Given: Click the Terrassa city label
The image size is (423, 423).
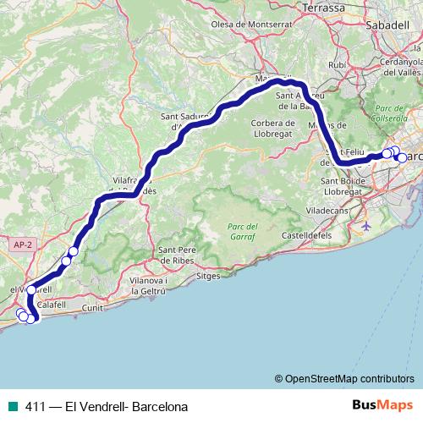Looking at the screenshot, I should click(322, 8).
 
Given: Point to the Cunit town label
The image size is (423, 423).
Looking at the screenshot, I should click(93, 309).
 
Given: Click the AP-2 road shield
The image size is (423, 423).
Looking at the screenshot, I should click(23, 244).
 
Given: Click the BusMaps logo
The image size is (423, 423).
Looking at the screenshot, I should click(382, 406).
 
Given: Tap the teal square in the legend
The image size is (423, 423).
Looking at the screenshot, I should click(9, 407).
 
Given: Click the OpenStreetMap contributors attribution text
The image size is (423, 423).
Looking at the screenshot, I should click(349, 379).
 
